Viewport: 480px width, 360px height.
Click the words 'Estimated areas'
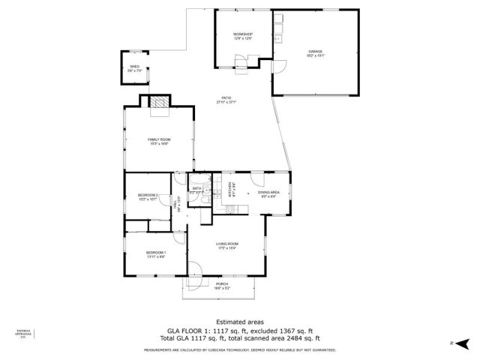239,322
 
